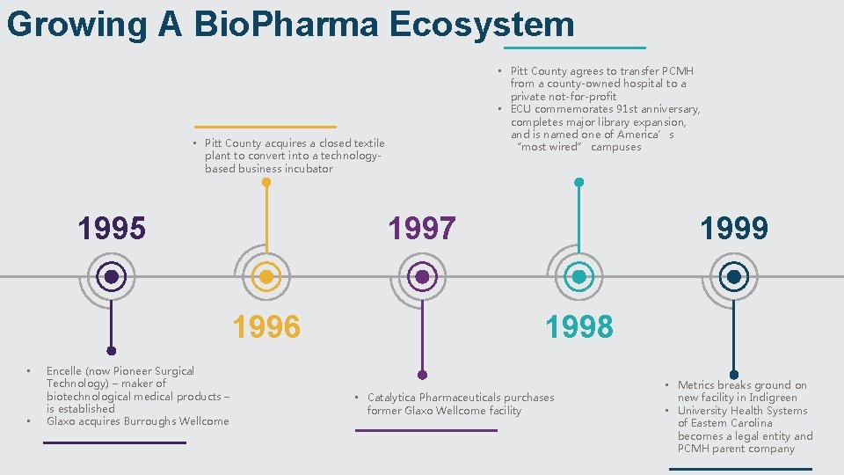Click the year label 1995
point(112,229)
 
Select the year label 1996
point(266,327)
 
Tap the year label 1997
point(422,229)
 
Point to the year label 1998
point(578,327)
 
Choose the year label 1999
point(734,229)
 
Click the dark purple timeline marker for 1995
point(112,277)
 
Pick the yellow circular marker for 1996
point(266,277)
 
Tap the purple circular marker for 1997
point(422,277)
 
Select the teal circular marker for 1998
point(578,277)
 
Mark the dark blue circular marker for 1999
point(734,277)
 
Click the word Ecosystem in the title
point(481,24)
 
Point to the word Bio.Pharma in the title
point(286,24)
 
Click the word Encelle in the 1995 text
point(64,371)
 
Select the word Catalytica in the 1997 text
point(395,398)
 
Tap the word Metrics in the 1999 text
point(697,385)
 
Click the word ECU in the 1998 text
point(521,109)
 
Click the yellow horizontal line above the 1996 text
point(266,127)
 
